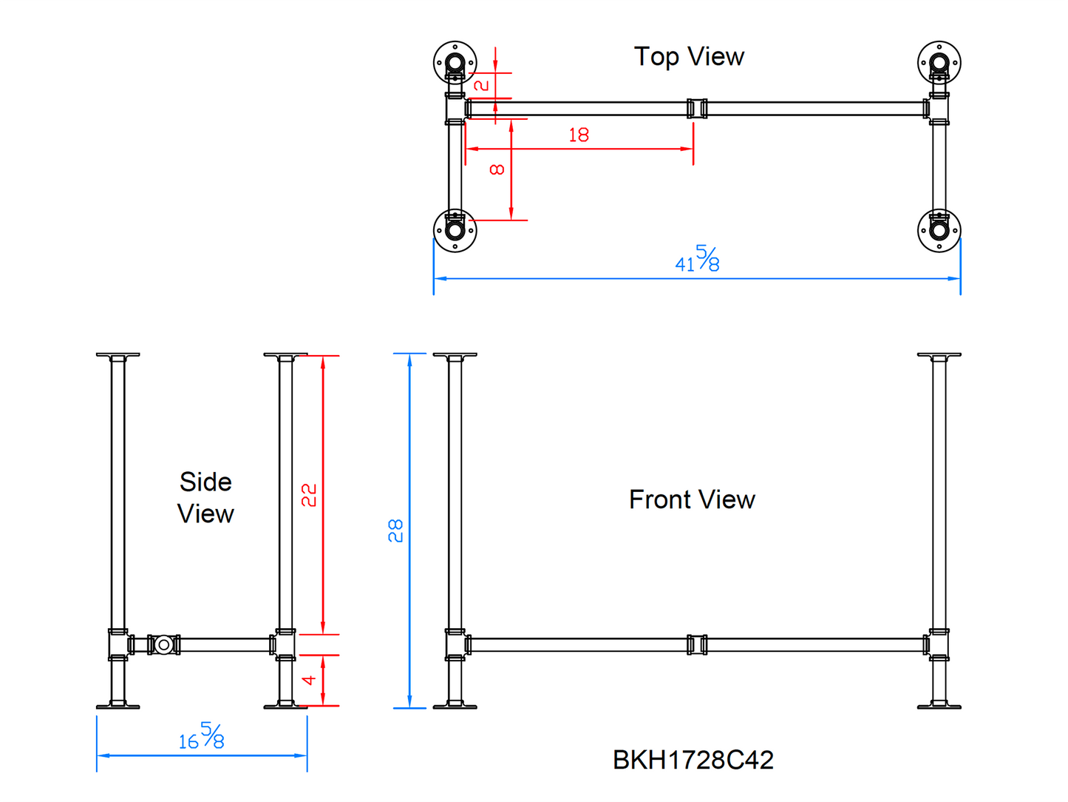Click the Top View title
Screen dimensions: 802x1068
click(x=689, y=56)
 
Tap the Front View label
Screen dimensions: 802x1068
click(x=692, y=499)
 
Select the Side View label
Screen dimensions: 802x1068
click(x=205, y=497)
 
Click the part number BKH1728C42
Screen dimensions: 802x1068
click(x=693, y=760)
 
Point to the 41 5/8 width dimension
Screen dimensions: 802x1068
click(x=697, y=260)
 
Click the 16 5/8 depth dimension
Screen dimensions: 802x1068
click(x=201, y=737)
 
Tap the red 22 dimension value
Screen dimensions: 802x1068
click(x=309, y=494)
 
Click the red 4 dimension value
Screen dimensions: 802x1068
click(x=309, y=680)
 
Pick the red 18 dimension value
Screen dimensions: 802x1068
click(x=579, y=135)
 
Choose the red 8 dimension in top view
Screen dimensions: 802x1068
click(x=497, y=169)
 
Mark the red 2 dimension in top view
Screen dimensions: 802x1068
click(x=481, y=85)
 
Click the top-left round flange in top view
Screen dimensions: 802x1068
click(x=455, y=63)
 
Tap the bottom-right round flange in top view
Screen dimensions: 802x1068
click(x=939, y=230)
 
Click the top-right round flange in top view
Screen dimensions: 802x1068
click(x=939, y=63)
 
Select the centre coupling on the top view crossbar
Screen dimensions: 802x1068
click(x=697, y=109)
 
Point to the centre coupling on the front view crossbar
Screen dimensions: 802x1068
click(x=697, y=644)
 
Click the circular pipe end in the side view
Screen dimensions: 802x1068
click(x=164, y=644)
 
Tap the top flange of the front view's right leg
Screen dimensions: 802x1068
click(x=939, y=356)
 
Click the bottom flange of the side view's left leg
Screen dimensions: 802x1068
click(x=118, y=707)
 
